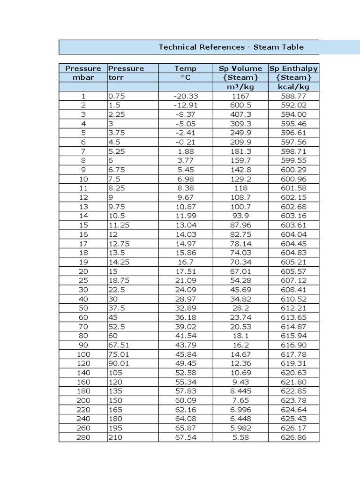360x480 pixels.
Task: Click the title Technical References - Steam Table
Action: [231, 47]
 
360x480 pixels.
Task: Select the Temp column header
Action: [186, 68]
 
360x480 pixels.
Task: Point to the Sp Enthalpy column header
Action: [294, 68]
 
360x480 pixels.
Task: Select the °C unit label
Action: [186, 78]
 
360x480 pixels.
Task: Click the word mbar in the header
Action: [83, 78]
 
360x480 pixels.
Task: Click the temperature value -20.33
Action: [186, 96]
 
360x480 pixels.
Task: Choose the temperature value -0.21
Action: [186, 142]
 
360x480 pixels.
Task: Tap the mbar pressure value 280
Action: [83, 438]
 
